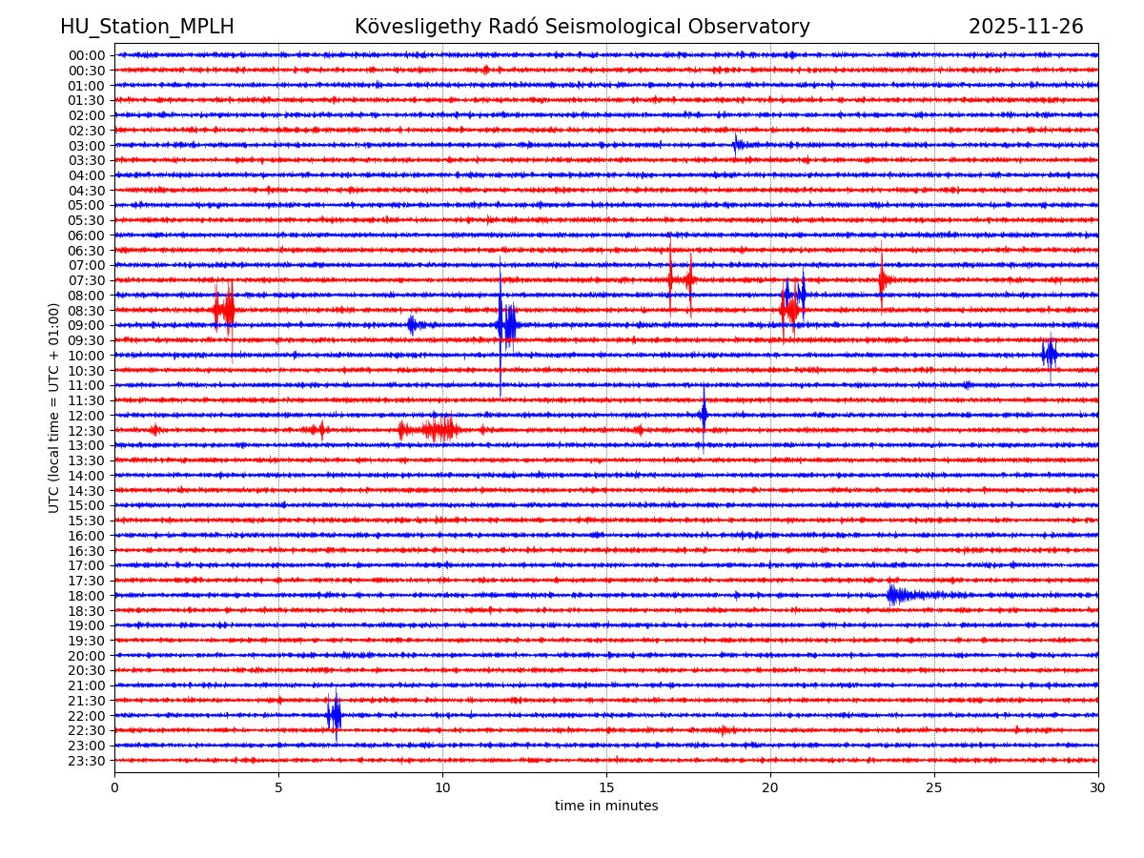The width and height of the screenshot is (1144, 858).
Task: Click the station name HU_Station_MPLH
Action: click(x=147, y=28)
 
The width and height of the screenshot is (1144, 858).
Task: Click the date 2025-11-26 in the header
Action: click(x=1026, y=28)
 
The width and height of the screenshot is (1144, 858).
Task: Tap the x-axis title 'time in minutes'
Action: click(x=606, y=807)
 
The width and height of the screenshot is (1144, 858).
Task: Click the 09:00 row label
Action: click(x=87, y=325)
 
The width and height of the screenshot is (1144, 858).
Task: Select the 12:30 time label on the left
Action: click(x=87, y=431)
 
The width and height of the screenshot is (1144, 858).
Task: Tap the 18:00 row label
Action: click(x=87, y=596)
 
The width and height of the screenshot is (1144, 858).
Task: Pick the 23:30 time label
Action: click(x=87, y=761)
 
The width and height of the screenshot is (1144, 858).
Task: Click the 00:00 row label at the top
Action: click(x=87, y=55)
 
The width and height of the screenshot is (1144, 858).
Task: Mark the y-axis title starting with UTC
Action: click(x=54, y=408)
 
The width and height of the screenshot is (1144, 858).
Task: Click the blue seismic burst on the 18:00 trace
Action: click(x=896, y=595)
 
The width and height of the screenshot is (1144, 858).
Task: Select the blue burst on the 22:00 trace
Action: click(x=334, y=715)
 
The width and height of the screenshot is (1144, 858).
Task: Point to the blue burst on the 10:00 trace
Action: click(x=1050, y=355)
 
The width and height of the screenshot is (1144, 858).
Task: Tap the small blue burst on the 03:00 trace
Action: click(x=737, y=145)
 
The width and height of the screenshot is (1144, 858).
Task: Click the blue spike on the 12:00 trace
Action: click(x=704, y=415)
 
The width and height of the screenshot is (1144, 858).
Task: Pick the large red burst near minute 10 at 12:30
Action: click(x=439, y=430)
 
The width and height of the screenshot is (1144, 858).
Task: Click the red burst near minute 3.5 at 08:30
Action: click(x=225, y=310)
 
